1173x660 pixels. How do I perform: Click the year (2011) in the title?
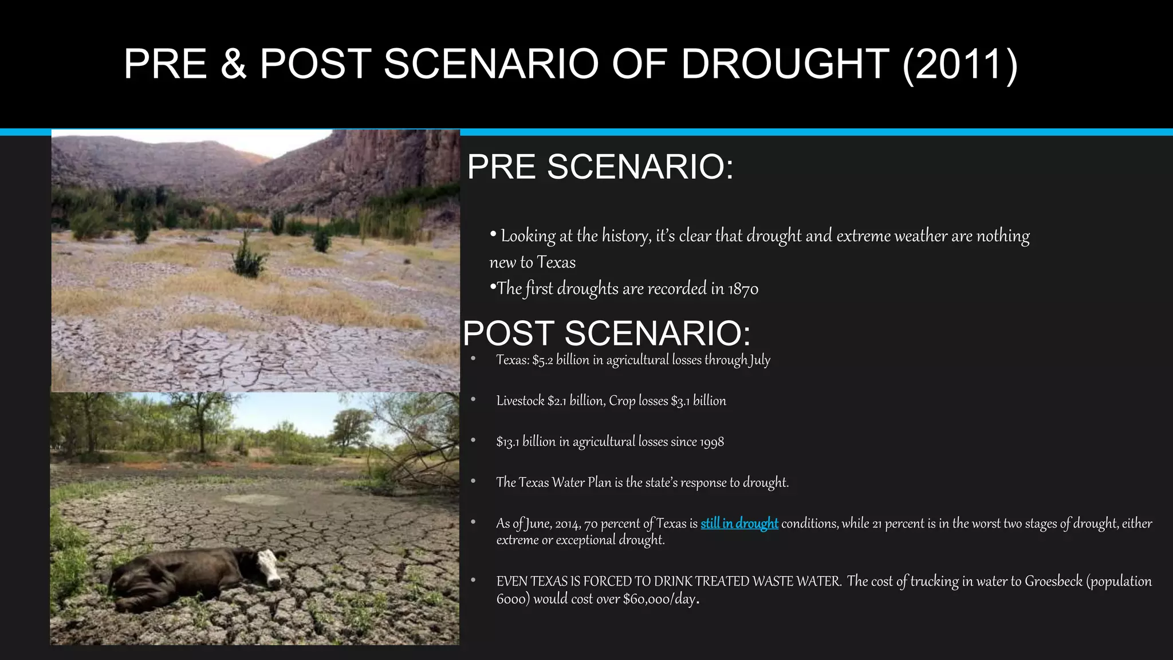pyautogui.click(x=960, y=64)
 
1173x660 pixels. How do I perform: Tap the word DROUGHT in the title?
pyautogui.click(x=785, y=64)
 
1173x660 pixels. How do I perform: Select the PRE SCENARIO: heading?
pyautogui.click(x=600, y=167)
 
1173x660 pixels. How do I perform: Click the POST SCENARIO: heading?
pyautogui.click(x=606, y=333)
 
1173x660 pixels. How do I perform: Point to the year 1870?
pyautogui.click(x=743, y=289)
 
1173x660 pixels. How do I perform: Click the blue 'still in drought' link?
pyautogui.click(x=739, y=524)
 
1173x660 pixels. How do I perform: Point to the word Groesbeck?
pyautogui.click(x=1053, y=582)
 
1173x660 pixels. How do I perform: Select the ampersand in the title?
pyautogui.click(x=233, y=64)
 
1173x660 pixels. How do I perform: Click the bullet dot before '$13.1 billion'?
pyautogui.click(x=473, y=441)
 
